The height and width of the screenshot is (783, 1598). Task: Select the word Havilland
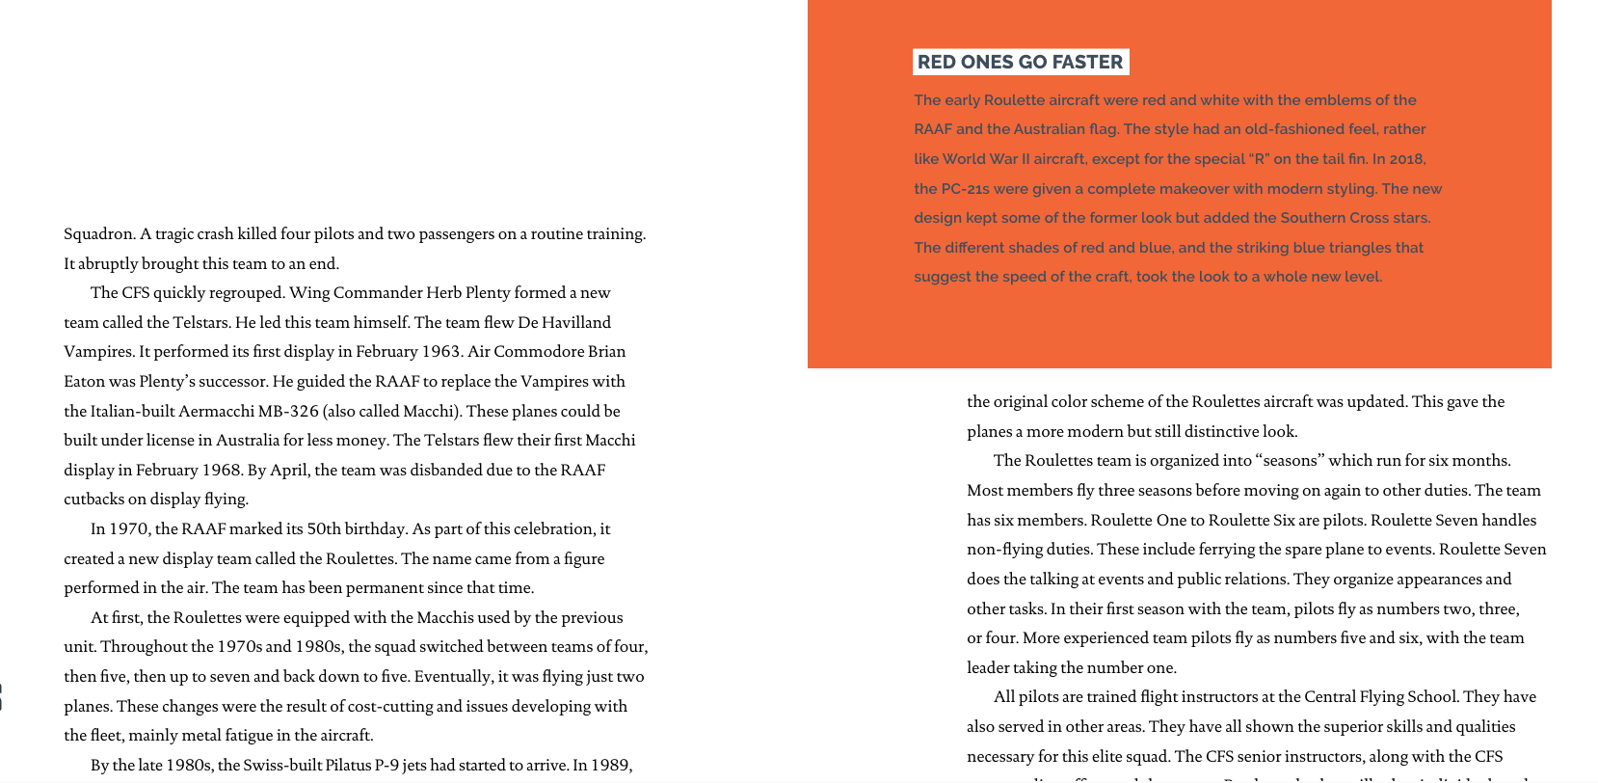[x=575, y=323]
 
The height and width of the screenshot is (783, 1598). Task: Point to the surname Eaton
[x=84, y=382]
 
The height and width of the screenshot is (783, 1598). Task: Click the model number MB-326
[x=288, y=412]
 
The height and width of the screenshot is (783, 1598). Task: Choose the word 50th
[x=328, y=529]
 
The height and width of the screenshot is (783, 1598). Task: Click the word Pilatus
[x=350, y=766]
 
